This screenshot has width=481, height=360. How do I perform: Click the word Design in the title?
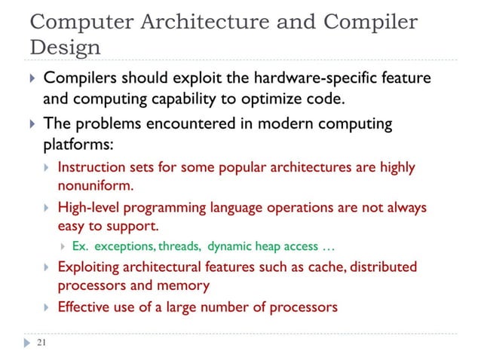point(65,47)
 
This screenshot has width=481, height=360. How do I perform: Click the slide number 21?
point(41,343)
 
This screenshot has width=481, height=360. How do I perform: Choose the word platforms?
point(77,143)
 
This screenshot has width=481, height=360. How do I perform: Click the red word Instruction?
point(90,166)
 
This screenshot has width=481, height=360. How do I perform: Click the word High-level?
point(87,206)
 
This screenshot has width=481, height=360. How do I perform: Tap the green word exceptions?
point(129,246)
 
